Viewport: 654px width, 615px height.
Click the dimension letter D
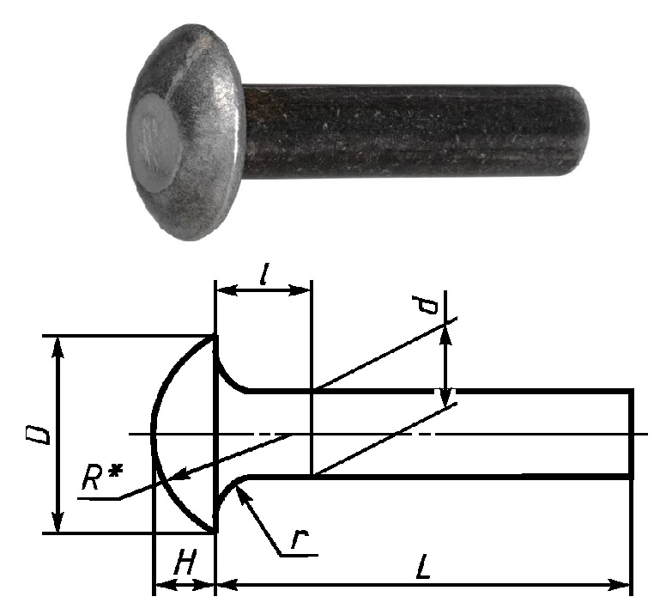click(38, 435)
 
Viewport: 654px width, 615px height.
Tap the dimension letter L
click(423, 567)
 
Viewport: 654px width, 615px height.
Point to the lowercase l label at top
click(263, 273)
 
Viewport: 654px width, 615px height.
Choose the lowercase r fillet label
click(300, 539)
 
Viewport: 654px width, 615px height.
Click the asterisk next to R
click(116, 471)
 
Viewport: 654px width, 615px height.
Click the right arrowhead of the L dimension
click(620, 585)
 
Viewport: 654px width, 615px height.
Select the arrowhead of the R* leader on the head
click(181, 474)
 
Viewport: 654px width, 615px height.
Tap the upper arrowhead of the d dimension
click(446, 335)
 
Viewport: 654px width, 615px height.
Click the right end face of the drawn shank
click(631, 434)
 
